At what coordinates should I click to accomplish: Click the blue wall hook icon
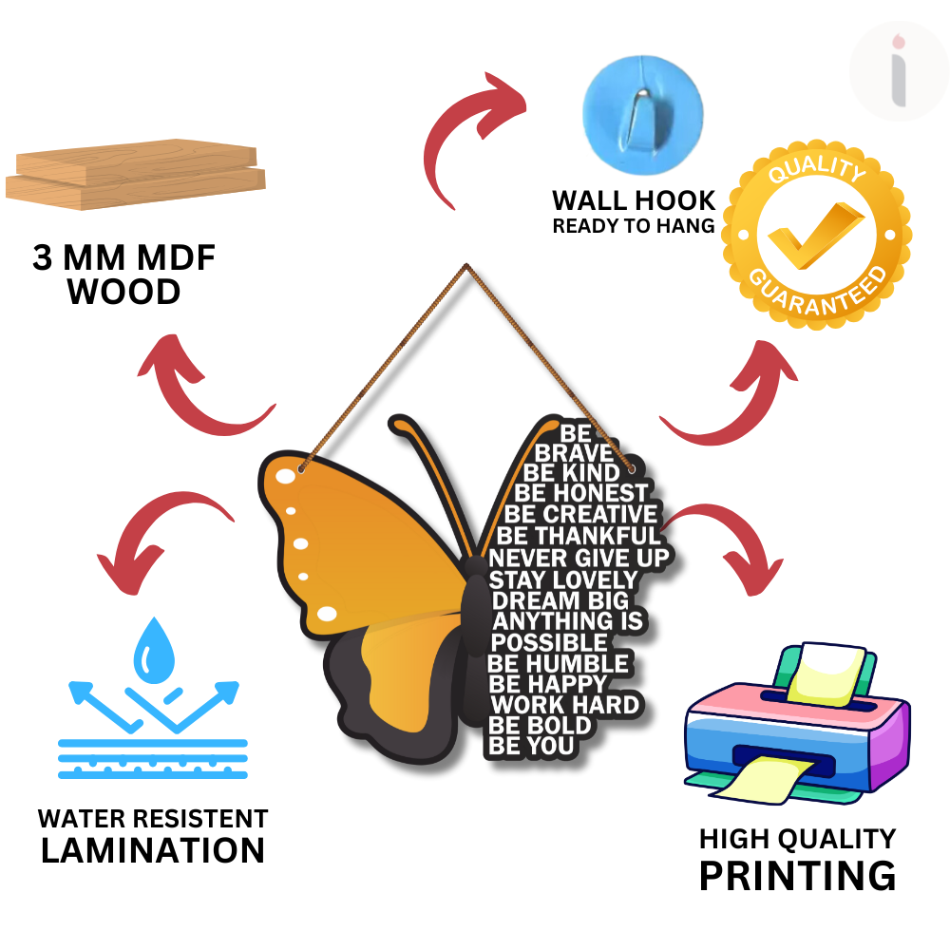coord(642,103)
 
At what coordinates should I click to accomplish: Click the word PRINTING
coord(797,875)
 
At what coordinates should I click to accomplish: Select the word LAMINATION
coord(152,850)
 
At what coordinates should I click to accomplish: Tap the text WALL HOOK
coord(634,200)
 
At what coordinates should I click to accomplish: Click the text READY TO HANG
coord(634,226)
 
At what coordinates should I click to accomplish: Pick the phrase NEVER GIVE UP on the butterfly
coord(579,557)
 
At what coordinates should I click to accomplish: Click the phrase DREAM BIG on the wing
coord(560,600)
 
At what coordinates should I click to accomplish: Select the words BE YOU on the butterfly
coord(532,747)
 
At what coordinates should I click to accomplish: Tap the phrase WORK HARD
coord(564,705)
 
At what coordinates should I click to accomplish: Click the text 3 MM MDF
coord(123,259)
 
